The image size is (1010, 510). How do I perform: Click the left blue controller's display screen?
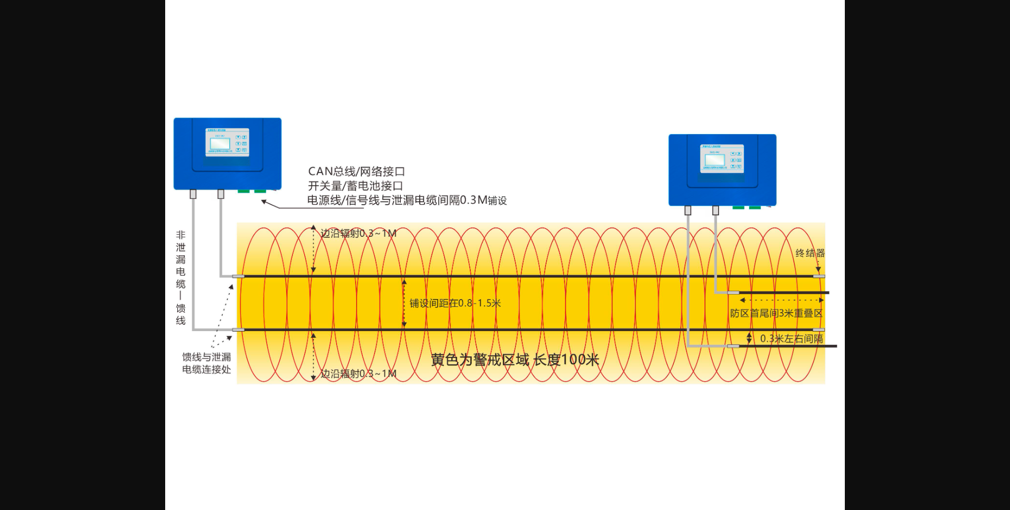tap(220, 143)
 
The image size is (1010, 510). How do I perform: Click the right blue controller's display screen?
tap(714, 159)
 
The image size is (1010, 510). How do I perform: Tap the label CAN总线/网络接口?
tap(356, 172)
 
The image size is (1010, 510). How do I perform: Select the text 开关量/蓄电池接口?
tap(355, 186)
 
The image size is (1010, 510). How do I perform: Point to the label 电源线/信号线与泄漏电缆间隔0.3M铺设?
tap(407, 200)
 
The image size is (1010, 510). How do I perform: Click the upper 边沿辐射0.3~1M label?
tap(358, 233)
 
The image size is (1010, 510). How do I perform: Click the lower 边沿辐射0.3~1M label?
tap(358, 374)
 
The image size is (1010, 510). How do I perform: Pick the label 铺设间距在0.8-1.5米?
tap(455, 303)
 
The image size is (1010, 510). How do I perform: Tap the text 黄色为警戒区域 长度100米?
tap(515, 360)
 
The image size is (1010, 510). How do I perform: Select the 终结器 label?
tap(810, 253)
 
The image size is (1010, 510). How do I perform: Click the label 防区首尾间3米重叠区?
tap(776, 313)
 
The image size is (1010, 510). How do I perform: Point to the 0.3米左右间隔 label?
tap(791, 338)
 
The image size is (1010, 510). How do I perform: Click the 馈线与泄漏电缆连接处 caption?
tap(206, 363)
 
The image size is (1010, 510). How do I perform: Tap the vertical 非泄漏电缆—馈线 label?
tap(180, 277)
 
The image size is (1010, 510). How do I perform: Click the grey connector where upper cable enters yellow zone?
tap(238, 276)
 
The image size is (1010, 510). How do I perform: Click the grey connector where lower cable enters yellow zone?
tap(238, 330)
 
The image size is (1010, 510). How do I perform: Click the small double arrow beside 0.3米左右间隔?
tap(749, 338)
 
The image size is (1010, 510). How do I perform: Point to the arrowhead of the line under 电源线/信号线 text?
tap(264, 202)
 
